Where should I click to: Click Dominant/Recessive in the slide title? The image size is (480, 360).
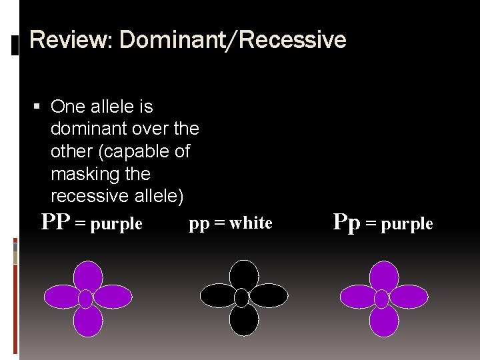click(233, 41)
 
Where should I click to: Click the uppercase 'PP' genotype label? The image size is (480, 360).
click(55, 222)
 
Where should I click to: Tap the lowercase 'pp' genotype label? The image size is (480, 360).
click(199, 223)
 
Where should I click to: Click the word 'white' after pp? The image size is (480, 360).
click(251, 223)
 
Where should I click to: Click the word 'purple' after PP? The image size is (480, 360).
click(117, 224)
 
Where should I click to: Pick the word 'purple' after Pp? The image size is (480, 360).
click(407, 225)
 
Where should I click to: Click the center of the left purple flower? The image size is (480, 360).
click(87, 298)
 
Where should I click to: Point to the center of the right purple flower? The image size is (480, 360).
click(382, 299)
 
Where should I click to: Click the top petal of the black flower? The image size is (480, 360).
click(243, 274)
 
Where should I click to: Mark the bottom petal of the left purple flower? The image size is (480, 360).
click(87, 321)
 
